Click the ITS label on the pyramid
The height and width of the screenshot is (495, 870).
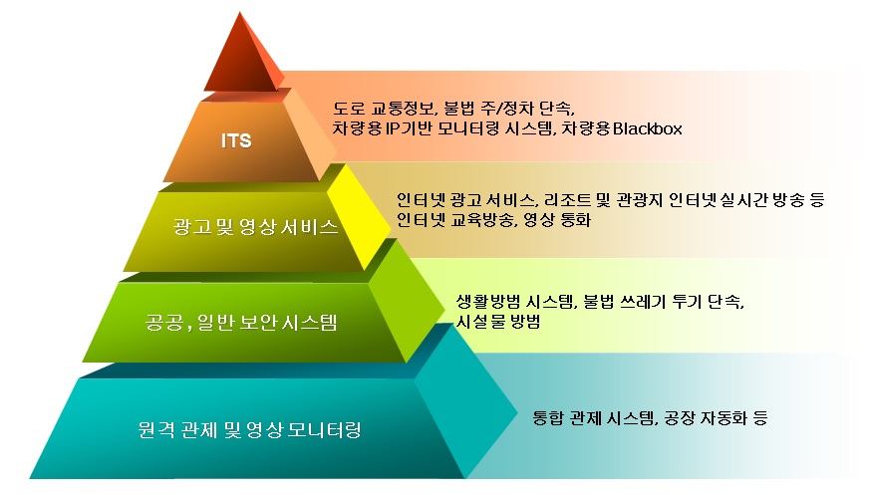tap(236, 140)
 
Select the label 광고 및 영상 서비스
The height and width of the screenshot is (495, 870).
tap(255, 227)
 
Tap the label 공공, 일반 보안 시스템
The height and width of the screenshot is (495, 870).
tap(241, 322)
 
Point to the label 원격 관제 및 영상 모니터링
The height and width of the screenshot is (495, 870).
tap(250, 429)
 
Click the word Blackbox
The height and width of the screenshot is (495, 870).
tap(647, 128)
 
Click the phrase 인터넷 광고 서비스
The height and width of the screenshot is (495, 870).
tap(465, 199)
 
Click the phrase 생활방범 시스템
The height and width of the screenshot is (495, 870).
tap(515, 302)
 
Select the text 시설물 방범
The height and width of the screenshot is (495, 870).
tap(497, 322)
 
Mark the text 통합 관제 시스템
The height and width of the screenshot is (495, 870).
tap(593, 417)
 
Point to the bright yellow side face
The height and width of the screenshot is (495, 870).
tap(359, 217)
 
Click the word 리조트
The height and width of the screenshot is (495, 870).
tap(565, 199)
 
